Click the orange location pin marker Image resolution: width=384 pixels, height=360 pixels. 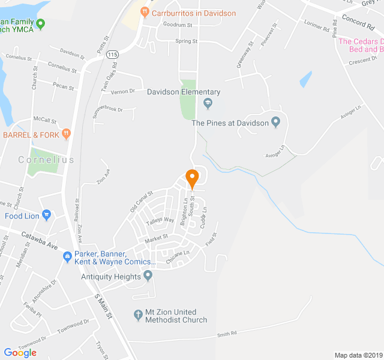(x=192, y=178)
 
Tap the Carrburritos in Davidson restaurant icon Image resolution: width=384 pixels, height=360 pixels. (x=144, y=12)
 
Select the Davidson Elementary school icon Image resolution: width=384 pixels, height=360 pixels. (x=208, y=104)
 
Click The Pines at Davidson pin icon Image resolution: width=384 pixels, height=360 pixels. (x=276, y=122)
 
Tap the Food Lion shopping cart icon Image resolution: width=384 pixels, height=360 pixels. (x=46, y=215)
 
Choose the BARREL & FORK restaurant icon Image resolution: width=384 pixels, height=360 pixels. (x=67, y=134)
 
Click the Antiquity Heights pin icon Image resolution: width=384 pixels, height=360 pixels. (x=148, y=275)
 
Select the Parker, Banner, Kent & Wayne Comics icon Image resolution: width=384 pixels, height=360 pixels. (x=68, y=257)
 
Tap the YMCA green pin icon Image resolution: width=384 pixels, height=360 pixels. (x=41, y=24)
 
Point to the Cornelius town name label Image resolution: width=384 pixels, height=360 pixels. (x=46, y=160)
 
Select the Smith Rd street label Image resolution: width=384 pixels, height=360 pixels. (x=227, y=333)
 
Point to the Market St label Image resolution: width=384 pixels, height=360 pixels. (x=156, y=239)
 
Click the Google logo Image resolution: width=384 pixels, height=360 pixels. (x=20, y=353)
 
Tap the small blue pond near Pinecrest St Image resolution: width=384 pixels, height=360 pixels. (x=306, y=79)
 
